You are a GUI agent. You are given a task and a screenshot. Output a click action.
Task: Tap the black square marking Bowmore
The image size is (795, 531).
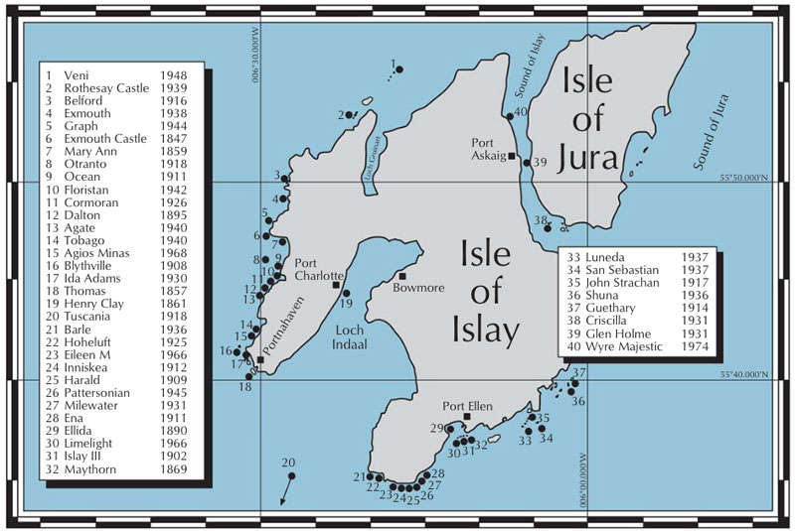pos(403,276)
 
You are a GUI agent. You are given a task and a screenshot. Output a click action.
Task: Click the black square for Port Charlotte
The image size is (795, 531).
pos(337,285)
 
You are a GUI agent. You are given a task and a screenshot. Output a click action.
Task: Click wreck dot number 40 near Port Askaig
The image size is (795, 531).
pos(509,116)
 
